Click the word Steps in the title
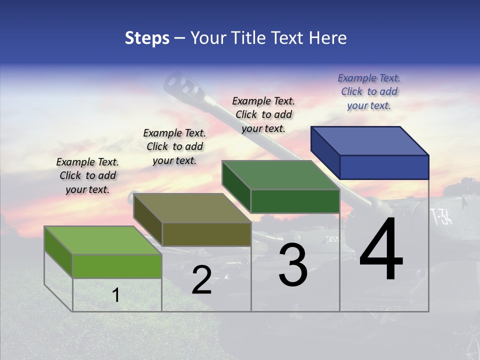click(147, 38)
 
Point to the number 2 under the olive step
click(201, 280)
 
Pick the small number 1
click(116, 295)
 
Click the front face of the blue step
click(384, 167)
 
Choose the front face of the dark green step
click(295, 201)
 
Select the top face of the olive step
click(192, 208)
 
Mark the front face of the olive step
click(206, 234)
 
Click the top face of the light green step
click(103, 240)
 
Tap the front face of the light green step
click(117, 266)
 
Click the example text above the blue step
click(369, 91)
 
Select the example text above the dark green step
click(263, 114)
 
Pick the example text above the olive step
click(174, 146)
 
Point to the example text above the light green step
click(87, 175)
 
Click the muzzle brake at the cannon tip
click(182, 85)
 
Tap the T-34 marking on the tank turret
click(441, 216)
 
